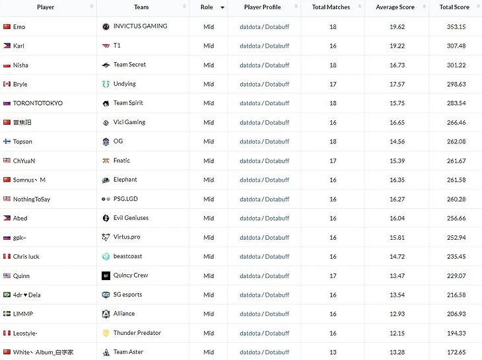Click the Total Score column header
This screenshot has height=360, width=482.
point(454,7)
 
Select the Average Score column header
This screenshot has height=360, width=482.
point(395,7)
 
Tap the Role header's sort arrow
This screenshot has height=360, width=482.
point(223,7)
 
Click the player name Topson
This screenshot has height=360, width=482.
point(22,141)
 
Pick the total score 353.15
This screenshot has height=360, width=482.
point(454,27)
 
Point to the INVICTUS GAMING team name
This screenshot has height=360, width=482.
point(140,26)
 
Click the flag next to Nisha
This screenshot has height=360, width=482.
point(7,65)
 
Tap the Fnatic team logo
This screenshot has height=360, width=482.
point(106,161)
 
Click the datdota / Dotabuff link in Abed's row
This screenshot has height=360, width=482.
point(264,218)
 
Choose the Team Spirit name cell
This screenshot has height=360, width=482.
point(128,103)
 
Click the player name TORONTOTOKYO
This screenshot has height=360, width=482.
point(38,104)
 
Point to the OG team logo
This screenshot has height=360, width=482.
point(106,141)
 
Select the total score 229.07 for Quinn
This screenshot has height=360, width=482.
point(454,276)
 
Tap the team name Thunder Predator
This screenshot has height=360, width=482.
point(137,333)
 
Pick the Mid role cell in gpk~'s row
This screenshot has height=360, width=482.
point(209,237)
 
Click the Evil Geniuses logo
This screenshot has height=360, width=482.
point(106,218)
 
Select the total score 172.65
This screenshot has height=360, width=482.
point(454,352)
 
